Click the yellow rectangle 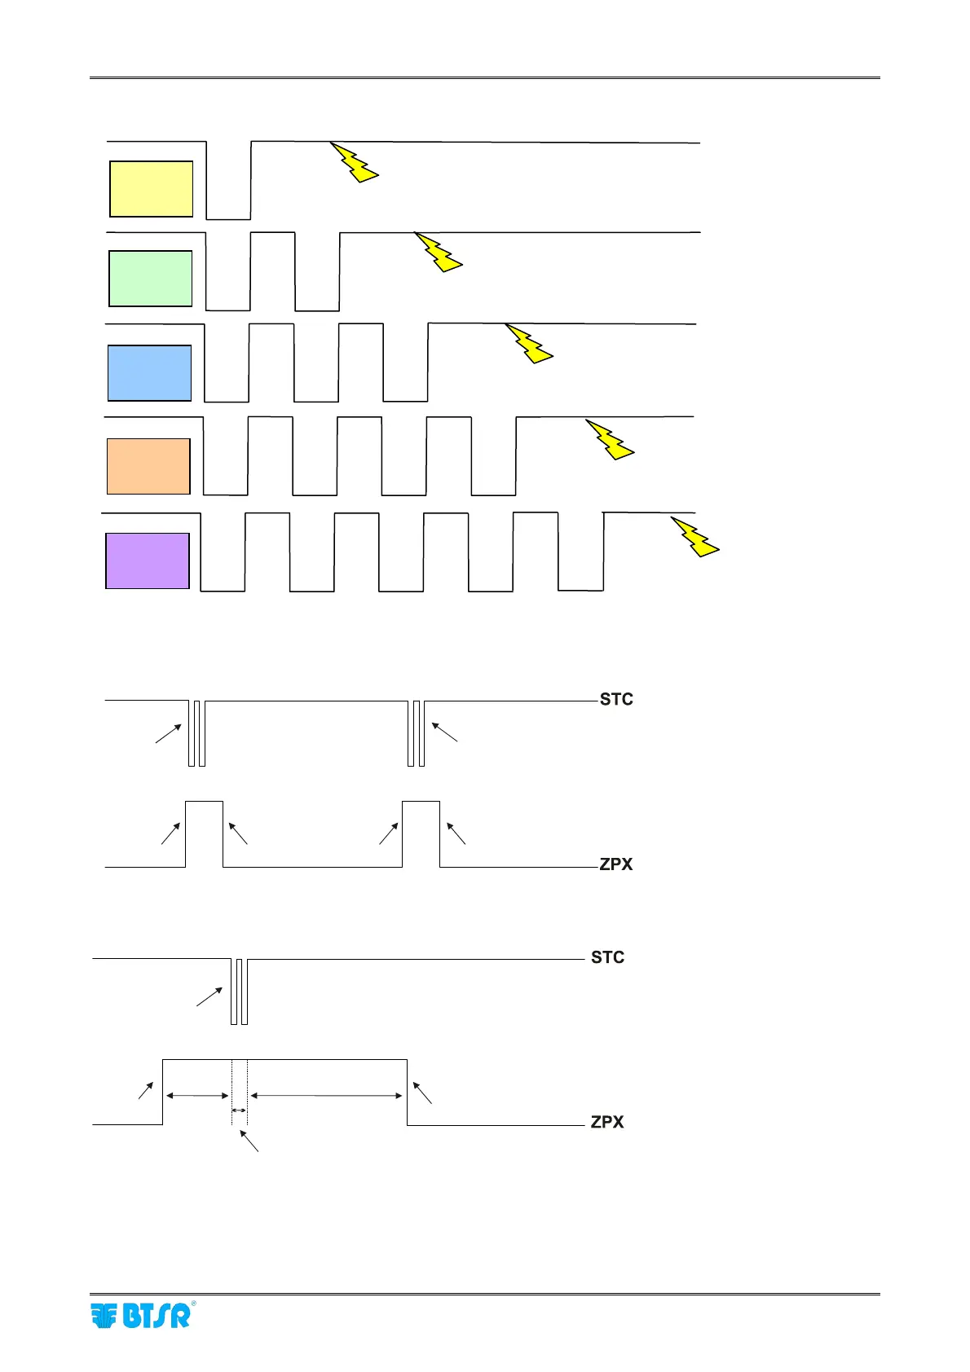coord(151,189)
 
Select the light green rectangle coord(151,279)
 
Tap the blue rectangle coord(149,373)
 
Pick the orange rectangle coord(148,466)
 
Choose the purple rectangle coord(148,561)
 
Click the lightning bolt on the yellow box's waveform coord(355,162)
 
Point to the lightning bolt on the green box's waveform coord(439,252)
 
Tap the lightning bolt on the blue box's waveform coord(530,343)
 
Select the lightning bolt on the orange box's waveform coord(611,440)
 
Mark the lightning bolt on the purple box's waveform coord(695,536)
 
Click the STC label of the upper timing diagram coord(616,700)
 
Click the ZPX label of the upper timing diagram coord(616,864)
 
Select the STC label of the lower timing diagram coord(608,958)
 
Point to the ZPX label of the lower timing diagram coord(607,1122)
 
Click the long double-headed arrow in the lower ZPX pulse coord(327,1096)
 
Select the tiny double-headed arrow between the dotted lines coord(239,1110)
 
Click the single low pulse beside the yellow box coord(228,181)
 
